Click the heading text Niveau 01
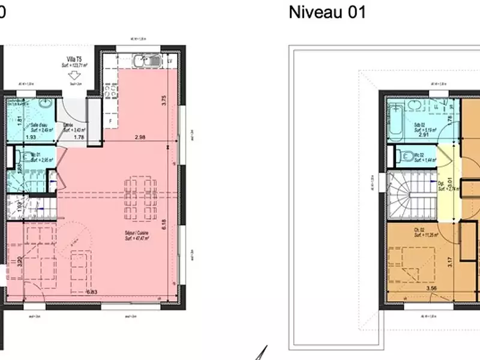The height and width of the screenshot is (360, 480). [327, 12]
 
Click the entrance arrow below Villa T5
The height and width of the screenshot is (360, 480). [75, 76]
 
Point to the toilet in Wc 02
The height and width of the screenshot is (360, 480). [401, 156]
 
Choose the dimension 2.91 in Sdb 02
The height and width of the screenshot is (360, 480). [423, 135]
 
